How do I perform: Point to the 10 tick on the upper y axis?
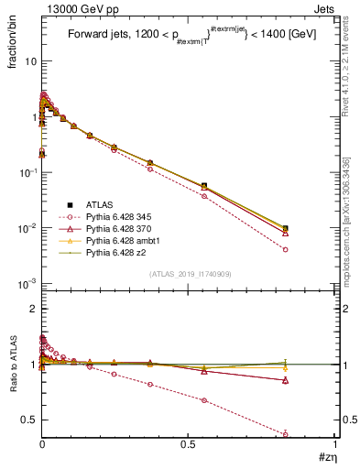[30, 61]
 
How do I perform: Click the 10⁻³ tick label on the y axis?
[27, 283]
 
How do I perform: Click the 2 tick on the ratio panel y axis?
[34, 310]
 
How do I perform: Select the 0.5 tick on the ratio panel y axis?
[30, 420]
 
